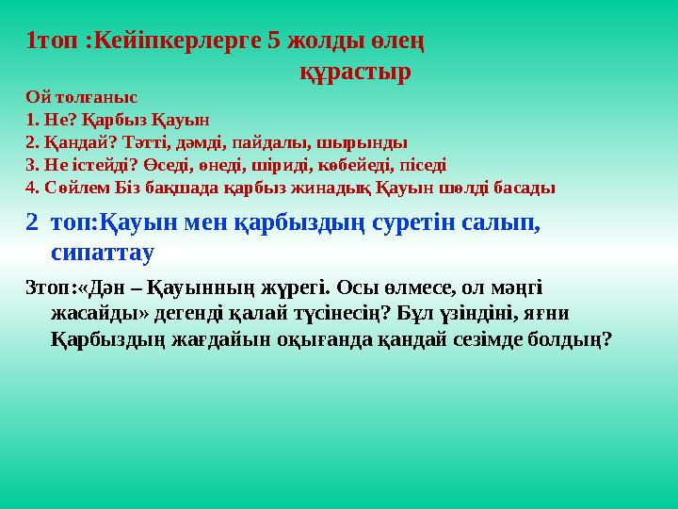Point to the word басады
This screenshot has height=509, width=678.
(525, 187)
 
